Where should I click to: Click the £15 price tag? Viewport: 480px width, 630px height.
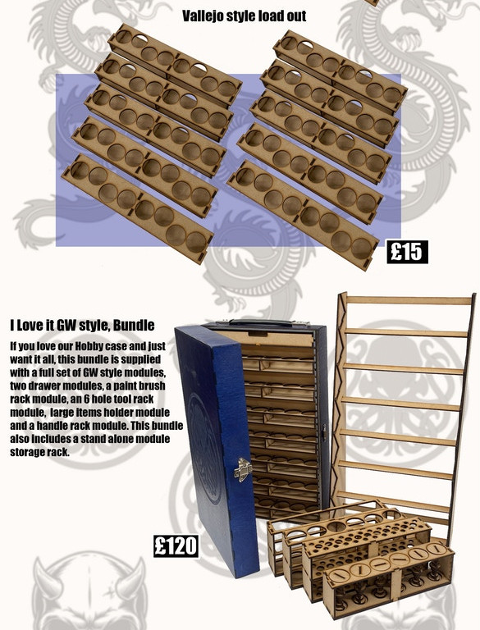click(x=407, y=252)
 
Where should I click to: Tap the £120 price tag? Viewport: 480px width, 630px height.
click(x=176, y=546)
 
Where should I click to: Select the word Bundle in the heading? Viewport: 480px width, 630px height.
click(x=134, y=325)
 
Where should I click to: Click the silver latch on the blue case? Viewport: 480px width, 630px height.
click(x=242, y=469)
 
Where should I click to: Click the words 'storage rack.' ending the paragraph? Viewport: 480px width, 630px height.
click(x=39, y=452)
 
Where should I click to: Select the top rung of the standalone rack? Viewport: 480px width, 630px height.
click(x=409, y=300)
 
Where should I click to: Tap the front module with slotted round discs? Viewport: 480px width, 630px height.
click(x=388, y=578)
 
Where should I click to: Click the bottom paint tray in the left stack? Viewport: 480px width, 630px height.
click(x=138, y=208)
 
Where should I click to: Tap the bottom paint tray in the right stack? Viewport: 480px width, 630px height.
click(x=303, y=216)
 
